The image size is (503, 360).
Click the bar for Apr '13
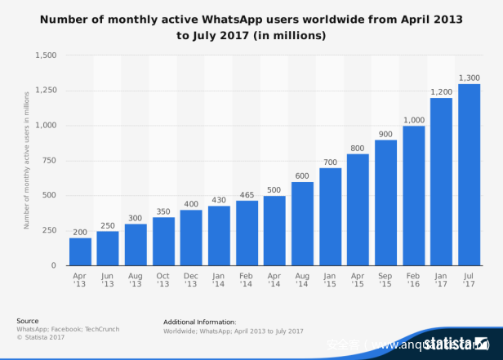(x=80, y=251)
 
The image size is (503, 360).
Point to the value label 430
(x=220, y=200)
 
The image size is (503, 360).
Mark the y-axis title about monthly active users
(x=26, y=160)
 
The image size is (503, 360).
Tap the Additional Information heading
(x=200, y=322)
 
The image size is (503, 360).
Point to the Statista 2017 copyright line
(x=42, y=336)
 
